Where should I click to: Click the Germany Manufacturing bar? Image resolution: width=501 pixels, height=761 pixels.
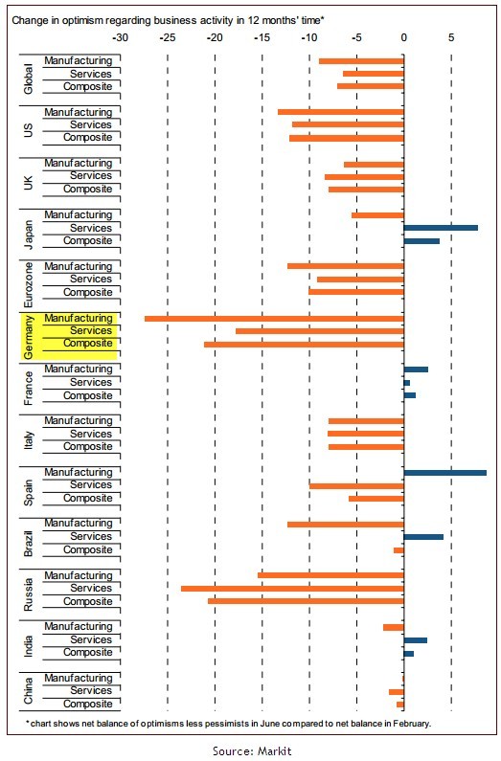pos(274,319)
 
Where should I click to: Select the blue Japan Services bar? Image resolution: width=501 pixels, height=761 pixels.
pos(441,228)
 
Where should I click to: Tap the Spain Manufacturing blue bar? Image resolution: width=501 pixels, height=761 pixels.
pos(445,473)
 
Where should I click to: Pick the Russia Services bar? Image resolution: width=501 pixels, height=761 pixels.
pos(292,589)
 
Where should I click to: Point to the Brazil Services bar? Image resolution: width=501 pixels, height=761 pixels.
pos(423,537)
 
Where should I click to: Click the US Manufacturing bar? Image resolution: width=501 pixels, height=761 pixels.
pos(341,112)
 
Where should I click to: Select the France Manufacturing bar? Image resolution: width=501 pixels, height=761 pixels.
pos(416,369)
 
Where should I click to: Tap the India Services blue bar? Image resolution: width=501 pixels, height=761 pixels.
pos(416,640)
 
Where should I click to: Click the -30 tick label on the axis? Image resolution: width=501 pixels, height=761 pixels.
pos(121,38)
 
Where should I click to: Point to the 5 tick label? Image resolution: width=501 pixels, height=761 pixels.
pos(451,38)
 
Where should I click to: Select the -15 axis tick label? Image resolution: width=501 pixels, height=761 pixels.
pos(262,38)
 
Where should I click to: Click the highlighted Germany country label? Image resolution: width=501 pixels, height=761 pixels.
pos(29,337)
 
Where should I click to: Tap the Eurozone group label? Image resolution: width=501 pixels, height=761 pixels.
pos(29,284)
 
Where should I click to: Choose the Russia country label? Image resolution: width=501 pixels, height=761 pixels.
pos(29,594)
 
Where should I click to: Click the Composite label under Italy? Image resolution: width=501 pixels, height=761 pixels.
pos(88,446)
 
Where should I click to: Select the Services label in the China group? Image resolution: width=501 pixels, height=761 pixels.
pos(91,690)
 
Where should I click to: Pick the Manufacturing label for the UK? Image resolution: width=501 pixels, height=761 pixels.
pos(79,163)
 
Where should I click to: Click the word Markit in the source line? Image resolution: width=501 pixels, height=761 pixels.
pos(274,751)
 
